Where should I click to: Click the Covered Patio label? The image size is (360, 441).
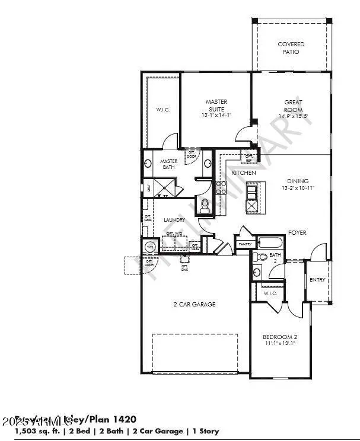pos(291,48)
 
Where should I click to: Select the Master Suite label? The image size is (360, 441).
pos(216,106)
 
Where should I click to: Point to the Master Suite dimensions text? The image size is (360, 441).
pos(216,115)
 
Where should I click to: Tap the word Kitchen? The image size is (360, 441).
pos(243,172)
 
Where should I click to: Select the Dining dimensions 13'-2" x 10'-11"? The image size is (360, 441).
pos(298,188)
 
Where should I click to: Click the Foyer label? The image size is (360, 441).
pos(298,233)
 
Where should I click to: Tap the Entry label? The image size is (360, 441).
pos(317,280)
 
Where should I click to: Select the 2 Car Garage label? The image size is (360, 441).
pos(194,304)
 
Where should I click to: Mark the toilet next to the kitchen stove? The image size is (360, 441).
pos(205,206)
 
